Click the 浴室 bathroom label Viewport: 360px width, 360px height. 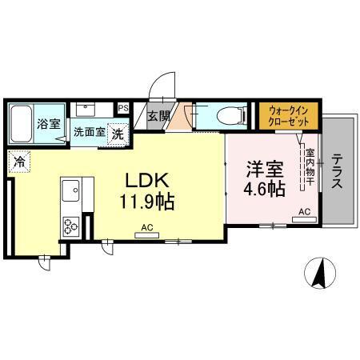click(50, 124)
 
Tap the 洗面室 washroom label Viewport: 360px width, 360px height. click(89, 133)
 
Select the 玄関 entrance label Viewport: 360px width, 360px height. click(159, 117)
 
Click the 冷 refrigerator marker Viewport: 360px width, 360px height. click(18, 162)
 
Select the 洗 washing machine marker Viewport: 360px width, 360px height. click(118, 134)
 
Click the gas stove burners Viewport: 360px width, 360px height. click(70, 226)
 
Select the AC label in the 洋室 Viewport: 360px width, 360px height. click(305, 211)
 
